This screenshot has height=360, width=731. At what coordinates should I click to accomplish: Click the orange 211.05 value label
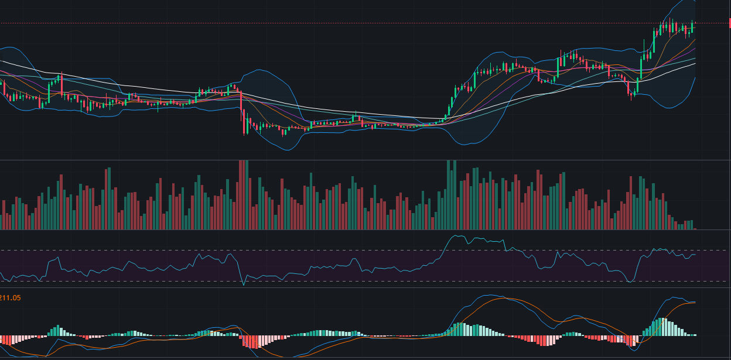11,298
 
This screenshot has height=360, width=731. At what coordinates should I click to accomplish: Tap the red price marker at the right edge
729,23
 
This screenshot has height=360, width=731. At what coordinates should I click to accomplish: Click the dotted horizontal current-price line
351,23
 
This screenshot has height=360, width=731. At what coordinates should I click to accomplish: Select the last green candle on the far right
692,26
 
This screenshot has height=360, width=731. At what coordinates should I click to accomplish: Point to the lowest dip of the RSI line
243,286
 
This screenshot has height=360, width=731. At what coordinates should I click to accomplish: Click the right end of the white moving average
695,63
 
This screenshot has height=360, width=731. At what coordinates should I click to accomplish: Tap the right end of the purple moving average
695,49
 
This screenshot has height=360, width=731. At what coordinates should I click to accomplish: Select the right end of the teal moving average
695,59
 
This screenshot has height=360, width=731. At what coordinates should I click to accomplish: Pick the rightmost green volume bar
692,225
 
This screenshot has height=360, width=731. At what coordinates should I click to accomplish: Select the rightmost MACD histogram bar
695,335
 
